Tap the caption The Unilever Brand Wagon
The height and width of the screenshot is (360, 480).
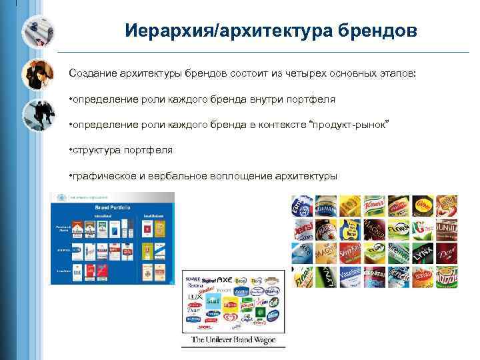(x=233, y=340)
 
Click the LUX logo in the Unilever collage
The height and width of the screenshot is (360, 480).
(x=194, y=293)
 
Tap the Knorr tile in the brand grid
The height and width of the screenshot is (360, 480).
(x=373, y=205)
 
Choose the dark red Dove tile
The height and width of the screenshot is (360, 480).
(x=446, y=253)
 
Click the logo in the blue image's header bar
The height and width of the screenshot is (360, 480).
(x=61, y=197)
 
